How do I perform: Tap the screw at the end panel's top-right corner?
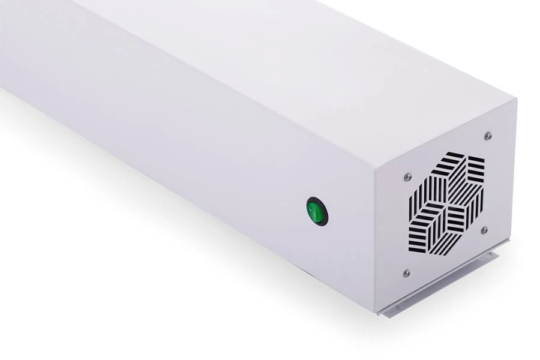pos(488,136)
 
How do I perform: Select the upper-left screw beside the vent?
pos(408,176)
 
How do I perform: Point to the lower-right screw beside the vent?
pos(484,230)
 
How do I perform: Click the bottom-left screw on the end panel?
pos(406,273)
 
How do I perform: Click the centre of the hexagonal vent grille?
pos(447,202)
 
